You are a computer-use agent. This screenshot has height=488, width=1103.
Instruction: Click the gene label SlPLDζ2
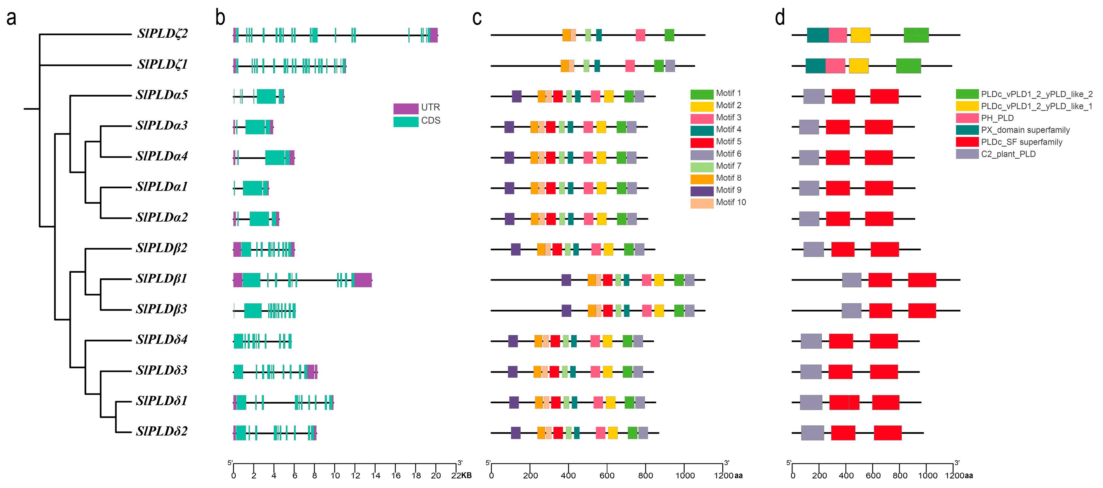pos(162,33)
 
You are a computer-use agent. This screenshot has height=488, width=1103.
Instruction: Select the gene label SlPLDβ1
pos(161,279)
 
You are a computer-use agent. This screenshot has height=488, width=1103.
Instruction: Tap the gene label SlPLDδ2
pos(161,431)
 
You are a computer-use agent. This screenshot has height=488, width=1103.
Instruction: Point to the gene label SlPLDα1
pos(161,187)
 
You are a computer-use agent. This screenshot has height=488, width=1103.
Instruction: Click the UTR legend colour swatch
pos(406,108)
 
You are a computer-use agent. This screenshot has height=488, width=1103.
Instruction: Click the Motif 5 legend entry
pos(728,142)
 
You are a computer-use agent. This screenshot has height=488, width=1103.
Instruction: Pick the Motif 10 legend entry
pos(731,202)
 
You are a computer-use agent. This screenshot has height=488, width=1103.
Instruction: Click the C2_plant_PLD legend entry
pos(1008,154)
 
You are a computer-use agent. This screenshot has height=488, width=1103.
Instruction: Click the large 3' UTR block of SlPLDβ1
pos(363,280)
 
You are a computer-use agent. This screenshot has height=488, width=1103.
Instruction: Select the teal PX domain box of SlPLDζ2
pos(817,35)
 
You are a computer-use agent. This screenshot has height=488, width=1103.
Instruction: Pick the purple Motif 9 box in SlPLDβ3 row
pos(566,311)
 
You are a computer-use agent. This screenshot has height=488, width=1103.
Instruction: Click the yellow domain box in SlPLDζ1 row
pos(859,66)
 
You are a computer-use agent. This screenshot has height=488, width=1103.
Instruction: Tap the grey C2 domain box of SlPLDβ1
pos(851,280)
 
